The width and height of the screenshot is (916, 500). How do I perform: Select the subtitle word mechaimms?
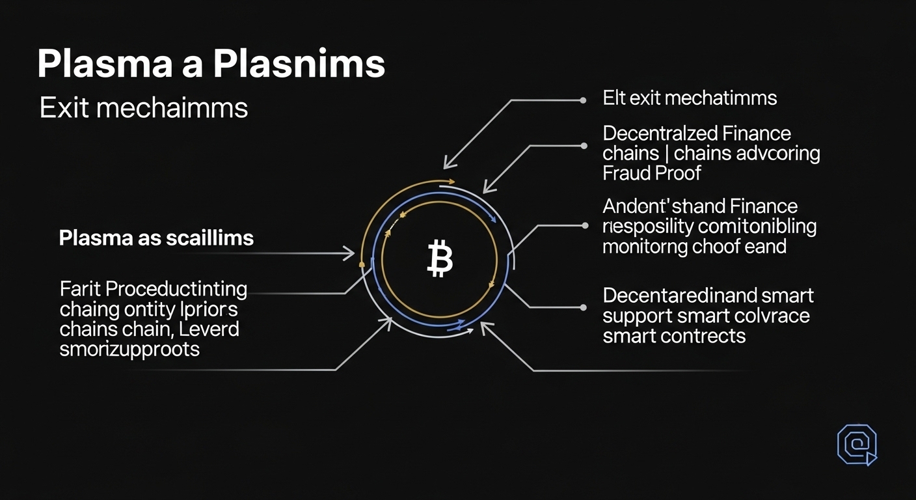(x=172, y=107)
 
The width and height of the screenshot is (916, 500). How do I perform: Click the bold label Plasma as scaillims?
(x=156, y=238)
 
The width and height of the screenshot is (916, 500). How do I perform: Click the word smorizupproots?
(x=129, y=349)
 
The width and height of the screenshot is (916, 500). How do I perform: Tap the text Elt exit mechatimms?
(x=690, y=98)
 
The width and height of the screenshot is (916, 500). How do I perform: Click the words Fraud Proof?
(x=652, y=173)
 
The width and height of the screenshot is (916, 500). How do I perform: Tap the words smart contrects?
(x=674, y=336)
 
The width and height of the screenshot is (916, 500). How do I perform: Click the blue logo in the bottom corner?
(x=857, y=445)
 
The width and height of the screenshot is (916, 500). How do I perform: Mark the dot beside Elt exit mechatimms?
(x=582, y=101)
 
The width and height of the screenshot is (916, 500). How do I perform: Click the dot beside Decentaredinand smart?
(x=582, y=306)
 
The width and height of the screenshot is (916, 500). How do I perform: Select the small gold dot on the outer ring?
(x=361, y=265)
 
